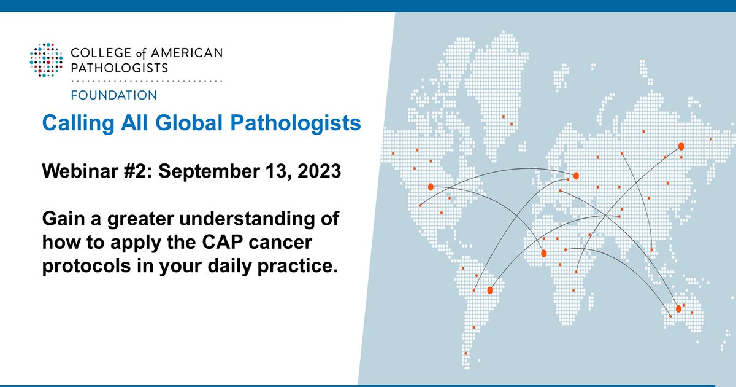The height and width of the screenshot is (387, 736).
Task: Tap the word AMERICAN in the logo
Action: (x=190, y=54)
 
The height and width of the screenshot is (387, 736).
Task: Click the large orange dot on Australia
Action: (x=678, y=308)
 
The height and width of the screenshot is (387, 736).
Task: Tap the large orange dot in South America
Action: (x=490, y=290)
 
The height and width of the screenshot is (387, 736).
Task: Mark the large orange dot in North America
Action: (x=431, y=186)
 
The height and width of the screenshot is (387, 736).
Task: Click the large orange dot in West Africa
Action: (x=543, y=253)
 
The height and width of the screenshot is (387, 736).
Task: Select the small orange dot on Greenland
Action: (x=504, y=116)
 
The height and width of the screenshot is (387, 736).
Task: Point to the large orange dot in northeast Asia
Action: (x=681, y=146)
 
